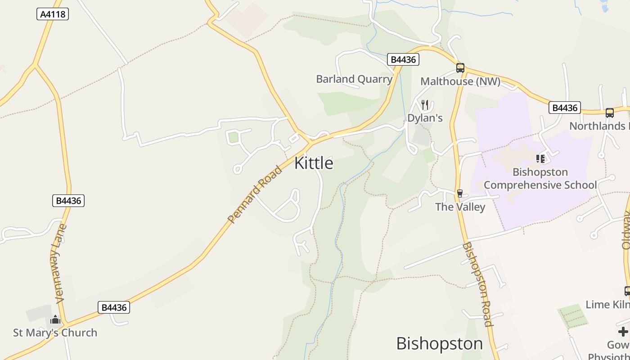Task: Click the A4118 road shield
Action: tap(53, 14)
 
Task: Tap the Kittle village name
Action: tap(314, 163)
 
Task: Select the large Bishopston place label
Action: tap(439, 344)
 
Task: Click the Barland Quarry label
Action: tap(354, 79)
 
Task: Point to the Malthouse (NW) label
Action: tap(460, 81)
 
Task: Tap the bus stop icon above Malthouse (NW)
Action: tap(460, 68)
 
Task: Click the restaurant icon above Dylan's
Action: tap(425, 105)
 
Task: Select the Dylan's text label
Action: tap(425, 118)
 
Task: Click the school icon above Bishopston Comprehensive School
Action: tap(540, 159)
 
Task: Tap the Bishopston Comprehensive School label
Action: tap(540, 179)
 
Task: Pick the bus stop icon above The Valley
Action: tap(460, 193)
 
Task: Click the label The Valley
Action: tap(460, 207)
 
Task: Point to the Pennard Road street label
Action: tap(255, 195)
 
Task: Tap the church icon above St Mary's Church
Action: tap(55, 320)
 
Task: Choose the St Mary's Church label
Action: tap(55, 333)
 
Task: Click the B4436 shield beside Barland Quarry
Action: tap(403, 59)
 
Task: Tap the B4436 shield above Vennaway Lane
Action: tap(68, 201)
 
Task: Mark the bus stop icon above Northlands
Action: tap(610, 113)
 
